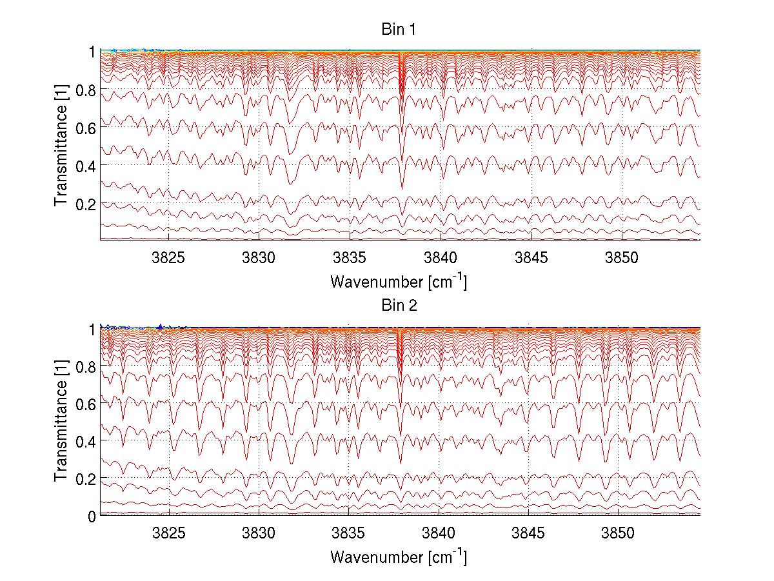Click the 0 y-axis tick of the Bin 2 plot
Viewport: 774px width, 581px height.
click(92, 516)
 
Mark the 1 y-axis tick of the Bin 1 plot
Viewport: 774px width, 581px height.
click(92, 52)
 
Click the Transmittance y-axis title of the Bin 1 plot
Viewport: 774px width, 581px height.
click(61, 146)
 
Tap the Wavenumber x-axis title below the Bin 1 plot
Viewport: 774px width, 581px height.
click(399, 282)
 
